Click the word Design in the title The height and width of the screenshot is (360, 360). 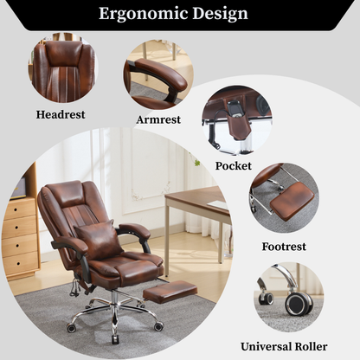[x=222, y=14]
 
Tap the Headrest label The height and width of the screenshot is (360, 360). [x=61, y=113]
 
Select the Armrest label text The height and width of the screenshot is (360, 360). [x=158, y=119]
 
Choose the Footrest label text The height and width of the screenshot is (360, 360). [x=284, y=246]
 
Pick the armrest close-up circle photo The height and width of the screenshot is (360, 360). [x=158, y=74]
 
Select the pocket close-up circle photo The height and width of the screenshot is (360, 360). [x=237, y=119]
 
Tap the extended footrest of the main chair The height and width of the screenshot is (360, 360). [x=169, y=293]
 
